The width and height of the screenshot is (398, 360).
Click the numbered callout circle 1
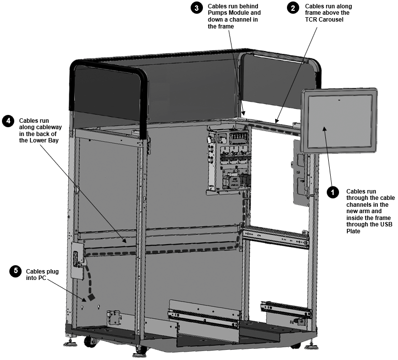pyautogui.click(x=333, y=193)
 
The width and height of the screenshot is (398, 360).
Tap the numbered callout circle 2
pyautogui.click(x=293, y=8)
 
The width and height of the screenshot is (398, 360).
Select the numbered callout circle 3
pyautogui.click(x=197, y=8)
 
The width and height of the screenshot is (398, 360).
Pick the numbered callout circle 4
pyautogui.click(x=8, y=121)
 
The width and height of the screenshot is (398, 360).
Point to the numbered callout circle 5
pyautogui.click(x=16, y=271)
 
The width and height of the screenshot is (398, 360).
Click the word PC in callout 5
pyautogui.click(x=42, y=278)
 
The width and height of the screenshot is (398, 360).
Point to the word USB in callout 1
pyautogui.click(x=387, y=224)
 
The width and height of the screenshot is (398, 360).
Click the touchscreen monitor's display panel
pyautogui.click(x=339, y=121)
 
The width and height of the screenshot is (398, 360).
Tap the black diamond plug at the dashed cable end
pyautogui.click(x=91, y=297)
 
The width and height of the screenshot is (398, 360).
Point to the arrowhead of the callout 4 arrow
pyautogui.click(x=124, y=241)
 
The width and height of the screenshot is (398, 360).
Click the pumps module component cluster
pyautogui.click(x=229, y=160)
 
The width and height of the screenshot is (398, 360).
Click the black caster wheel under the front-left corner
pyautogui.click(x=88, y=341)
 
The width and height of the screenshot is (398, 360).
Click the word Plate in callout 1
pyautogui.click(x=353, y=231)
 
